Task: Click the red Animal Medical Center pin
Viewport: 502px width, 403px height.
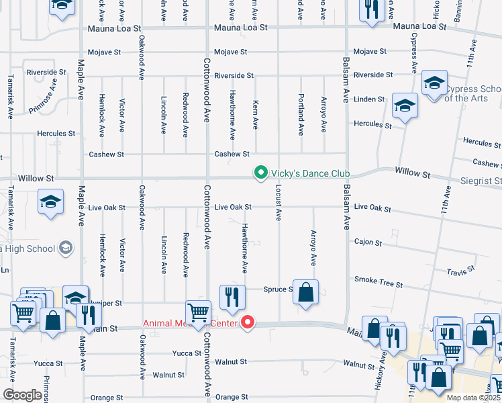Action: pyautogui.click(x=248, y=323)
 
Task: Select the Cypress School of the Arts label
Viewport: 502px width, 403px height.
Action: pyautogui.click(x=474, y=93)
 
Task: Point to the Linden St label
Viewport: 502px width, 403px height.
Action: pyautogui.click(x=369, y=99)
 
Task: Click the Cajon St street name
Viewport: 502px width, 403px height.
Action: pyautogui.click(x=368, y=242)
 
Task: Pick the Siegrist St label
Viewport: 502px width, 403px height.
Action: pyautogui.click(x=480, y=181)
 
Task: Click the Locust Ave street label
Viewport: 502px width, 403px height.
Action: pyautogui.click(x=278, y=202)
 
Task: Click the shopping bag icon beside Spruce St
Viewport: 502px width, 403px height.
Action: pyautogui.click(x=305, y=293)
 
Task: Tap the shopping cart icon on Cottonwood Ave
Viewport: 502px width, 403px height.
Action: pyautogui.click(x=198, y=313)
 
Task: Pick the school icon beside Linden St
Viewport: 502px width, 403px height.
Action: pyautogui.click(x=405, y=105)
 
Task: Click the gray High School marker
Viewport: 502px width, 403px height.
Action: pyautogui.click(x=65, y=248)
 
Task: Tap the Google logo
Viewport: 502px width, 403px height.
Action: pyautogui.click(x=22, y=395)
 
